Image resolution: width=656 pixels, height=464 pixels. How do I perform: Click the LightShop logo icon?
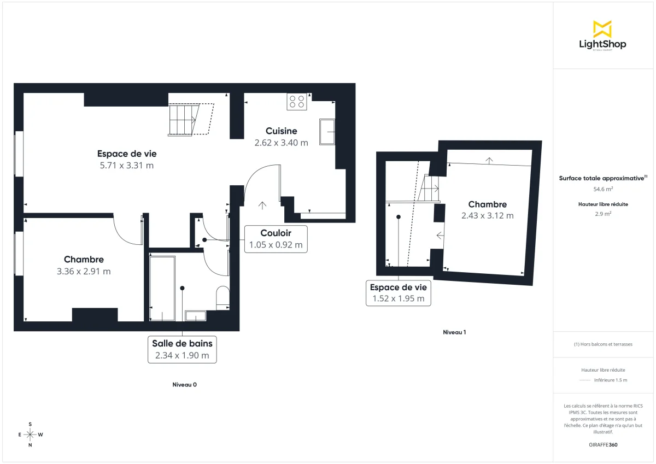click(x=602, y=29)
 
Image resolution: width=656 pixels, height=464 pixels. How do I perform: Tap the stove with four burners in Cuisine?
click(x=297, y=102)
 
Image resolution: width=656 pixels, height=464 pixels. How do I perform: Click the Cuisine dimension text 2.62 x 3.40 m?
click(x=281, y=143)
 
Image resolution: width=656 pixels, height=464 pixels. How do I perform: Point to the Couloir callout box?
click(x=276, y=239)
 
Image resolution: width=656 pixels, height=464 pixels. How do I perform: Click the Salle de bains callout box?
click(x=182, y=349)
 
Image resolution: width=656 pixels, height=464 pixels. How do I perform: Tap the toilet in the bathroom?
click(x=222, y=296)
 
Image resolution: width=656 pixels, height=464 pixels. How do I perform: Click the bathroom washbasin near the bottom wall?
click(x=195, y=315)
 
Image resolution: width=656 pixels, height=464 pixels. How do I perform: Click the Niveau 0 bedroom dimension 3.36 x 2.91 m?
click(x=84, y=271)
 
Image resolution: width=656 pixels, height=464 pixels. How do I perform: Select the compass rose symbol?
click(x=30, y=434)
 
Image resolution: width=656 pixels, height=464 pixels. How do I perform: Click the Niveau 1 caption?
click(x=454, y=332)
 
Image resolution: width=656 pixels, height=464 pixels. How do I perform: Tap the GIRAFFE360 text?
click(x=603, y=445)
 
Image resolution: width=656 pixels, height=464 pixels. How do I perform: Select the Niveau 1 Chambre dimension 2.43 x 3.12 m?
click(x=487, y=215)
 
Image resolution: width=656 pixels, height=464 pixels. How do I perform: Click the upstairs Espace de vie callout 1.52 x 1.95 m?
click(x=398, y=293)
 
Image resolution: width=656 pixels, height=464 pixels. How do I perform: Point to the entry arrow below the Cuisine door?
click(x=262, y=205)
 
